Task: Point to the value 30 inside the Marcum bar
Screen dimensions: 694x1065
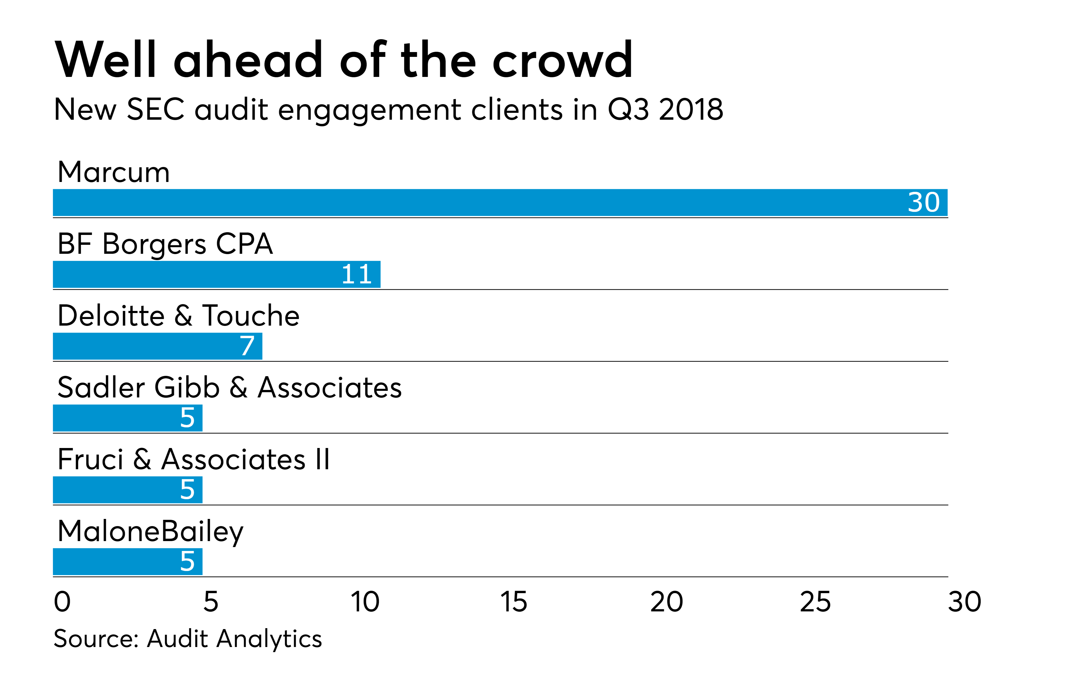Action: (x=923, y=203)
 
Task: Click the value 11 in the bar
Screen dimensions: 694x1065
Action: (x=357, y=274)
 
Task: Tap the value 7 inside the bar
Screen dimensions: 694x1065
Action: (x=247, y=346)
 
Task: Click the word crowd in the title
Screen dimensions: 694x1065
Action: (x=563, y=60)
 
